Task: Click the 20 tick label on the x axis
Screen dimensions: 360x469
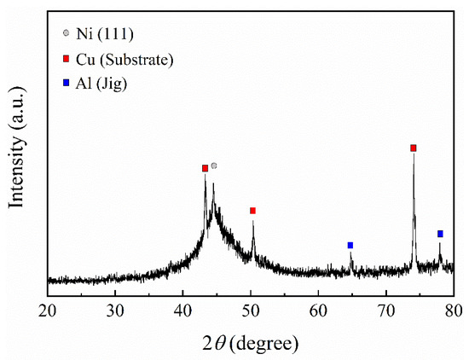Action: pos(48,309)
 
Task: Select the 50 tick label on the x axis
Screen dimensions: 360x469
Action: pos(251,309)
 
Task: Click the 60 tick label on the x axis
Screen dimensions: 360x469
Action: pos(318,309)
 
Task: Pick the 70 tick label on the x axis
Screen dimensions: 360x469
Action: pos(385,309)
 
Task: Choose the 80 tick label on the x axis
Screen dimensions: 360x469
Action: pos(453,309)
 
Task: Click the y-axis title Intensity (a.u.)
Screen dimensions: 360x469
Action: pos(15,154)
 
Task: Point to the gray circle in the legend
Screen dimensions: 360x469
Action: pos(67,33)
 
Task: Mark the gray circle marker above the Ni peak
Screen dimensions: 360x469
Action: pos(214,165)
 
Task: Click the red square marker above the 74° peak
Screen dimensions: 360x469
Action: pos(414,148)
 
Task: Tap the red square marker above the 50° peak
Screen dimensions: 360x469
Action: pos(252,210)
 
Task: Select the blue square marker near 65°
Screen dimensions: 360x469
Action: pos(350,245)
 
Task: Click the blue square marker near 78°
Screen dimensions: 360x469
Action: pos(440,233)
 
